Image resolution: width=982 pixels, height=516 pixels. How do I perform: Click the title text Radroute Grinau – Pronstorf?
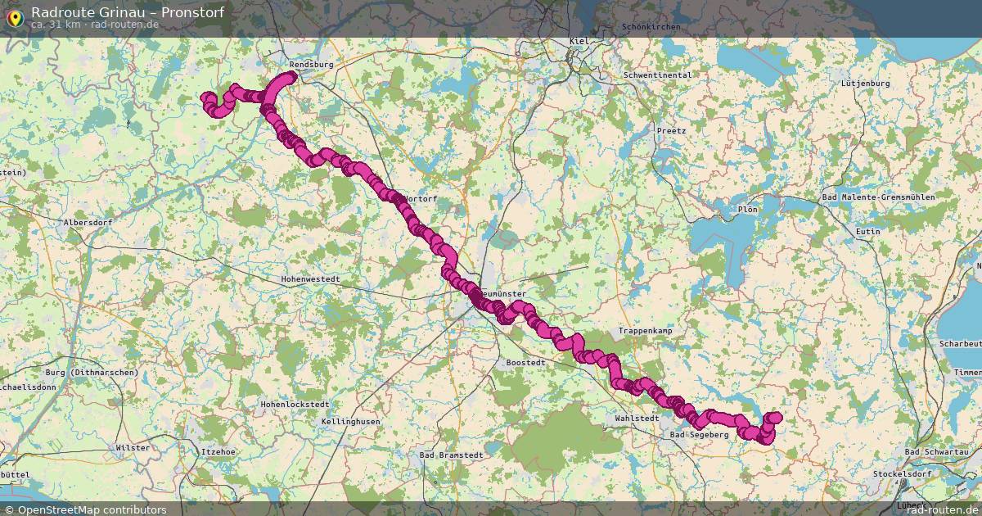point(127,12)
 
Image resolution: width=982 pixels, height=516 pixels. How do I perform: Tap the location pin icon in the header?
point(14,16)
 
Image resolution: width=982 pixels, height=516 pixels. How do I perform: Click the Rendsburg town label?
point(311,63)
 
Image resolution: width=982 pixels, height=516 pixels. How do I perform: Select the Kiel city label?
point(579,41)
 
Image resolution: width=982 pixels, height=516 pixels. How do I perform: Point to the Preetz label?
point(671,131)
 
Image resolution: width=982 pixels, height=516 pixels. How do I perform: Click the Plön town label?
point(747,209)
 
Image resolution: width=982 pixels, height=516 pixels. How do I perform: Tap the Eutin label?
point(867,232)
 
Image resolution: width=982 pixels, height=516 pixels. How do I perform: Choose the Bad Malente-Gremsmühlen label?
point(878,197)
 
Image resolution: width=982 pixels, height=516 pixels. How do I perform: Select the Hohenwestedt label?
point(310,279)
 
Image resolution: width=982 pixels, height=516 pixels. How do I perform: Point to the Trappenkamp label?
point(645,330)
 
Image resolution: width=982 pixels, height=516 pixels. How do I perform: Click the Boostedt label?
point(525,362)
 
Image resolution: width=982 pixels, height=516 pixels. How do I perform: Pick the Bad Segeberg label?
point(698,435)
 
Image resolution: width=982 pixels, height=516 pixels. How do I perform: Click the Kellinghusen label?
point(351,421)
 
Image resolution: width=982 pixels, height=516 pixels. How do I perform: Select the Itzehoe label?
point(218,451)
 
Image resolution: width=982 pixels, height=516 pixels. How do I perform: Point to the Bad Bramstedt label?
point(450,455)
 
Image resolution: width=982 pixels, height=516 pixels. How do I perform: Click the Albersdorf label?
point(88,223)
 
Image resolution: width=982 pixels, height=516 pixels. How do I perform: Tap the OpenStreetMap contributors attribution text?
point(92,509)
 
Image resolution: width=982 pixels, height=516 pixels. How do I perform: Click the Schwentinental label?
point(657,75)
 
